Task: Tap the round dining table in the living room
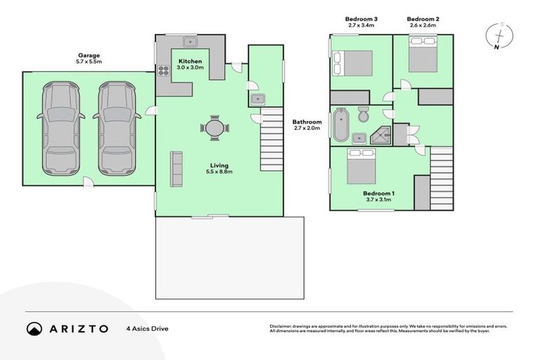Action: pyautogui.click(x=214, y=128)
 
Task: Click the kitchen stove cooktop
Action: pyautogui.click(x=163, y=70)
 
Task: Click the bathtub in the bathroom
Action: pyautogui.click(x=340, y=125)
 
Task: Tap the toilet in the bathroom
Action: pyautogui.click(x=363, y=114)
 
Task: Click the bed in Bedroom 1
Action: pyautogui.click(x=363, y=167)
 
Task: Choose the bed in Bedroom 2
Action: pyautogui.click(x=423, y=54)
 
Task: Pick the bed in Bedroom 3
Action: pyautogui.click(x=352, y=64)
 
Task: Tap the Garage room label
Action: pyautogui.click(x=89, y=55)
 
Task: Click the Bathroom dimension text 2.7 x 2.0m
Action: pyautogui.click(x=307, y=129)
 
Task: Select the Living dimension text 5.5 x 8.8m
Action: pyautogui.click(x=219, y=171)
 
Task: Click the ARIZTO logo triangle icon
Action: pyautogui.click(x=34, y=328)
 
